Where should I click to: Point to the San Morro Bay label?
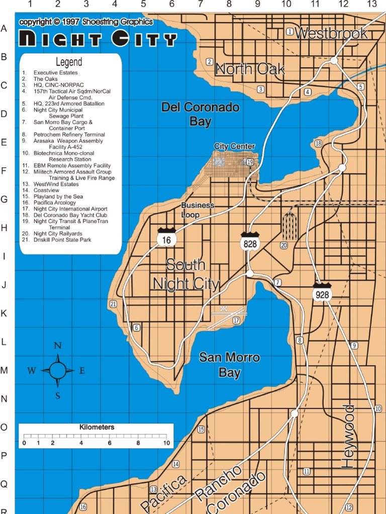(229, 365)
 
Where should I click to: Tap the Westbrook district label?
(331, 34)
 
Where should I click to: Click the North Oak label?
(250, 69)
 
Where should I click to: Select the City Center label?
(234, 146)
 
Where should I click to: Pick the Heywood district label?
(348, 437)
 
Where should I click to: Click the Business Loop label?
(198, 210)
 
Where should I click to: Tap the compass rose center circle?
(57, 370)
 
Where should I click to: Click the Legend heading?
(69, 62)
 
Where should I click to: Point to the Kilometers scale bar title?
(97, 427)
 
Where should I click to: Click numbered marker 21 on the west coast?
(113, 304)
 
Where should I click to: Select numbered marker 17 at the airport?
(236, 320)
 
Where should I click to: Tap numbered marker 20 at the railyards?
(284, 245)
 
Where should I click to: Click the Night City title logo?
(98, 39)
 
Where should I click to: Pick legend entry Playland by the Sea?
(58, 196)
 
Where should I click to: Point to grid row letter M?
(4, 370)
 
